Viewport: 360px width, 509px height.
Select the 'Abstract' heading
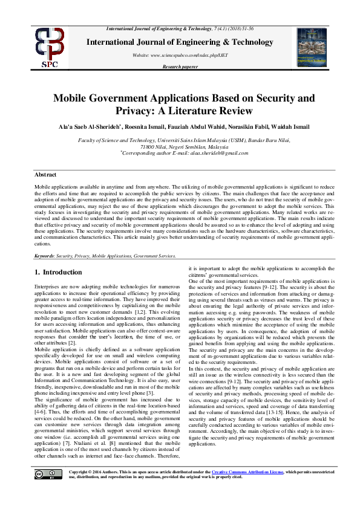46,174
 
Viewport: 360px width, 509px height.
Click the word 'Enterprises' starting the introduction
48,285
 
